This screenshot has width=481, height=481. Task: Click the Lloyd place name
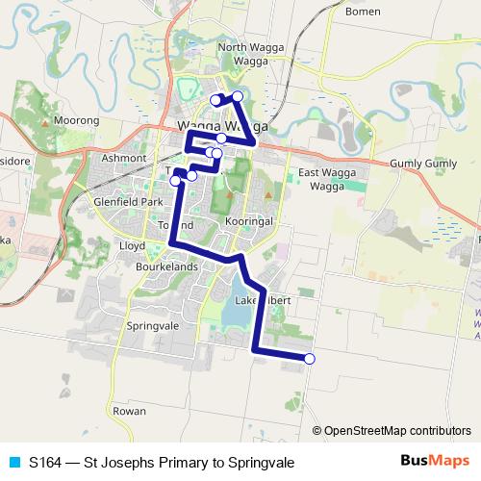(131, 245)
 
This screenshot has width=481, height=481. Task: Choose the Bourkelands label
(166, 266)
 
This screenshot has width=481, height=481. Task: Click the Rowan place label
(129, 411)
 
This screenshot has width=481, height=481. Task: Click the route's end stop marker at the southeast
(310, 359)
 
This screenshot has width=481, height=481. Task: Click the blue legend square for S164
(13, 462)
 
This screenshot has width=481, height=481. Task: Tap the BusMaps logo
(436, 461)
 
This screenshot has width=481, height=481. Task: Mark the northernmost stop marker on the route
(237, 95)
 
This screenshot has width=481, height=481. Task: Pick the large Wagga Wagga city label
(222, 126)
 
